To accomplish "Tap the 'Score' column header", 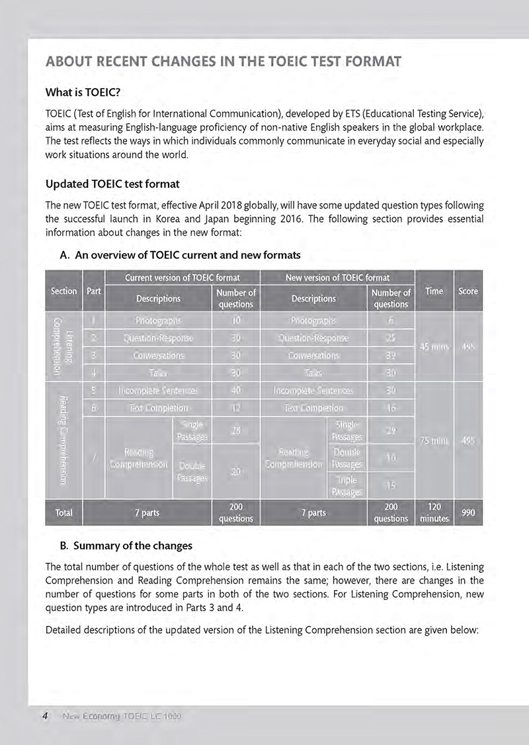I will click(468, 291).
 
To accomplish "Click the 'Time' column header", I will click(434, 291).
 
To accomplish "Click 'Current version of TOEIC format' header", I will click(182, 277).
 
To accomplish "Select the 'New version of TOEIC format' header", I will click(337, 277).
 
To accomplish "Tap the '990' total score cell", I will click(468, 513).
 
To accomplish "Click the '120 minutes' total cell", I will click(434, 513).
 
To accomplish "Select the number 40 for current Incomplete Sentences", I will click(235, 390).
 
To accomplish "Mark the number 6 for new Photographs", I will click(391, 321).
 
